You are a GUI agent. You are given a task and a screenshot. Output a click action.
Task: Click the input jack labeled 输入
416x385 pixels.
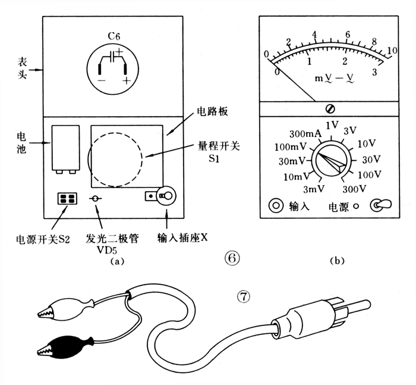pos(276,205)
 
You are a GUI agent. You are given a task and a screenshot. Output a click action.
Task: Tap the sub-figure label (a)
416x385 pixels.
pos(115,259)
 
